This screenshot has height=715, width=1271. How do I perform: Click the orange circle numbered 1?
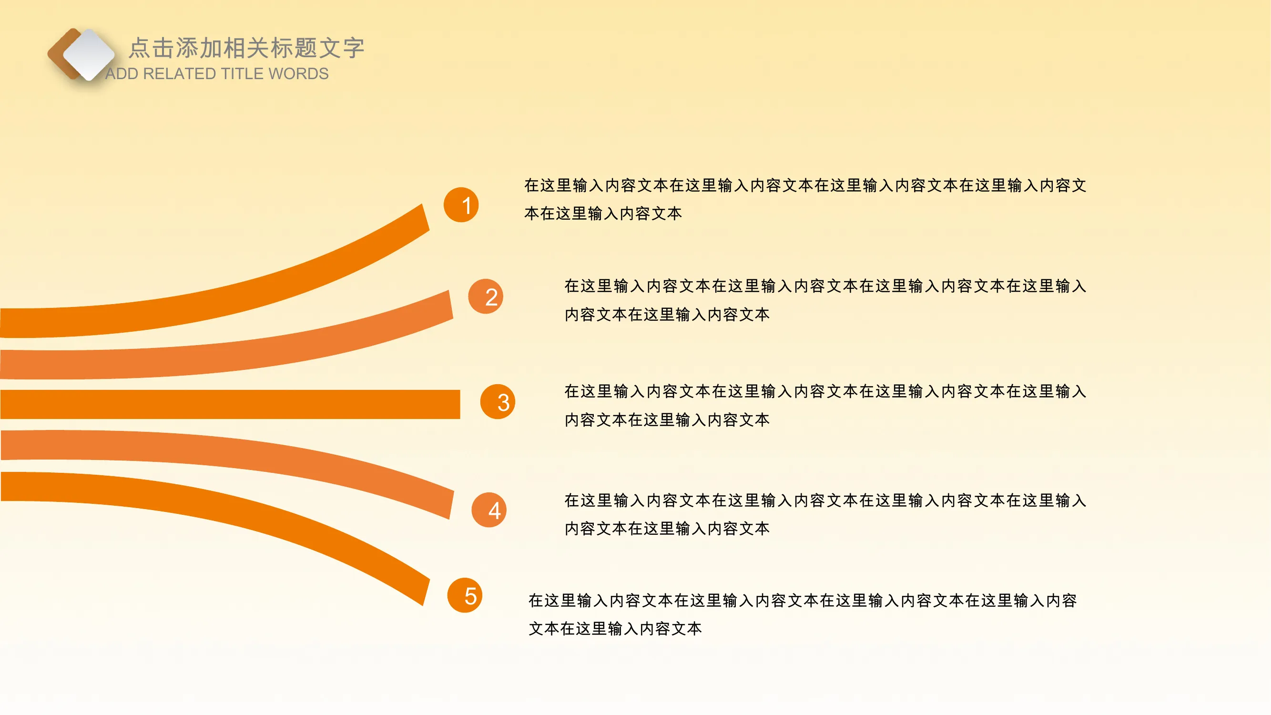coord(461,205)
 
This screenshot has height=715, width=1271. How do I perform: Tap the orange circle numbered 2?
coord(486,296)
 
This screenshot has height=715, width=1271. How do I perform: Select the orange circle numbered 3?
coord(498,402)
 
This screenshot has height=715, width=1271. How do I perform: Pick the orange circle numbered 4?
coord(489,510)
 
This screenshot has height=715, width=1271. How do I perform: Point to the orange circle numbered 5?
coord(465,595)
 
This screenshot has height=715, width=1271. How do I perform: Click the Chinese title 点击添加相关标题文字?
coord(247,48)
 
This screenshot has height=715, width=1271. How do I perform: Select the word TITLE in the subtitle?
coord(250,73)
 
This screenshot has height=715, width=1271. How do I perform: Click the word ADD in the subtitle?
coord(122,73)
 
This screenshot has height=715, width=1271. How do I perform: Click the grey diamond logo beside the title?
coord(89,54)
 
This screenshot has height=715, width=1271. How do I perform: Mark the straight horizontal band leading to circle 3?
coord(230,404)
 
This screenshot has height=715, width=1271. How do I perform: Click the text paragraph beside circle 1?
coord(805,199)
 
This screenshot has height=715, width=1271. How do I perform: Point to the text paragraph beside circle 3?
coord(825,405)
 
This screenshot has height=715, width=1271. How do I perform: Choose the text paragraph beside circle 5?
coord(803,614)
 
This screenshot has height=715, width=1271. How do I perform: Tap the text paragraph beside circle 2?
coord(825,300)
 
